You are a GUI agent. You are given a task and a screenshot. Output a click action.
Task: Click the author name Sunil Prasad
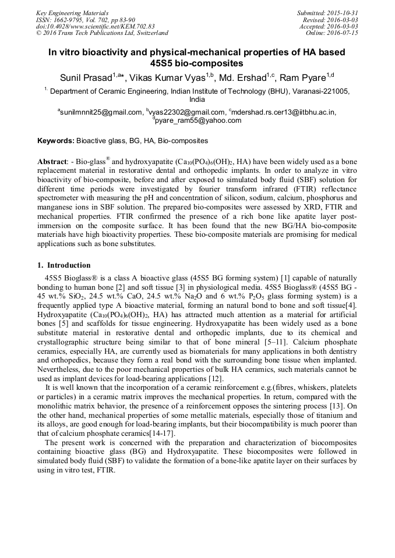[x=86, y=78]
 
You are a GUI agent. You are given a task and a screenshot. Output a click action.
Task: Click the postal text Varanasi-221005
[x=320, y=91]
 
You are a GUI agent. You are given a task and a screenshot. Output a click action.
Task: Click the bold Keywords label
[x=56, y=141]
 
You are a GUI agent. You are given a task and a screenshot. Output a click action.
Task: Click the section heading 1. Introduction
[x=64, y=265]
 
